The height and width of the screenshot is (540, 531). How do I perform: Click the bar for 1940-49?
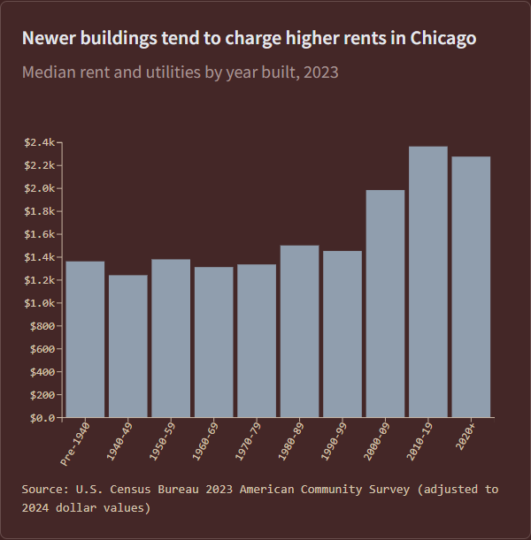point(128,346)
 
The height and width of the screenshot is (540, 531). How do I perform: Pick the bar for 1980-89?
point(299,331)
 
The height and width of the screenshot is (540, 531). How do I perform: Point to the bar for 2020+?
point(471,286)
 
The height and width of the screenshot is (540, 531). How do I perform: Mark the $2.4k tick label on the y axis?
point(40,143)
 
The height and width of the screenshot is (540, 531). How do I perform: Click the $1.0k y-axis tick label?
point(40,303)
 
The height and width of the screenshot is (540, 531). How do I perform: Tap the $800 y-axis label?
point(42,326)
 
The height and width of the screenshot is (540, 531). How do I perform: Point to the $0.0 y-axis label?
point(42,417)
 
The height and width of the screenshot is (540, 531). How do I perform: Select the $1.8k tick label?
point(40,211)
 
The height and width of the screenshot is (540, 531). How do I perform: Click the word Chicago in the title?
point(443,39)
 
